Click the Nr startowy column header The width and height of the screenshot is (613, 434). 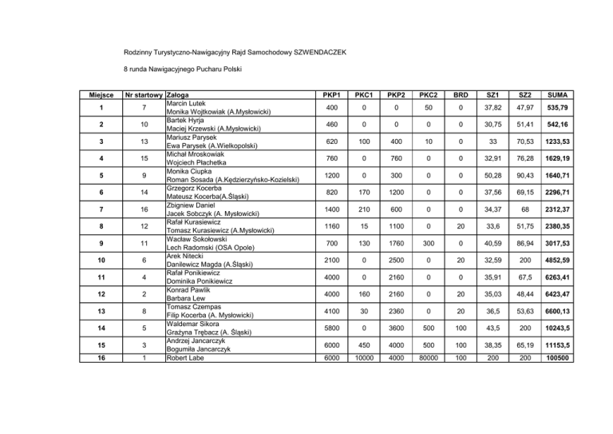tap(140, 94)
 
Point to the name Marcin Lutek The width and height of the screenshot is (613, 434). tap(186, 103)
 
